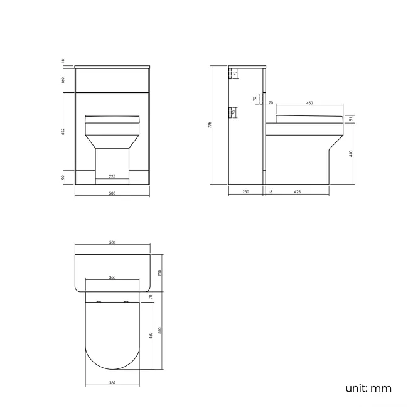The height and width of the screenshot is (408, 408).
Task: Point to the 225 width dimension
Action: pos(112,176)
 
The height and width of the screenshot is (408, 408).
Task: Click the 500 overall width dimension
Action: pos(112,193)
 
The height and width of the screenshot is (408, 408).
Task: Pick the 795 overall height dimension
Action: pos(210,125)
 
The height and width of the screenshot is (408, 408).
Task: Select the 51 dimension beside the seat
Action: pos(351,121)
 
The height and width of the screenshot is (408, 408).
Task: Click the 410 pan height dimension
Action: pos(351,152)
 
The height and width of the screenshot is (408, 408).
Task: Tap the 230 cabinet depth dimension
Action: pos(246,193)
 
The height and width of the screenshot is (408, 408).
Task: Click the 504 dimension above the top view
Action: pos(112,242)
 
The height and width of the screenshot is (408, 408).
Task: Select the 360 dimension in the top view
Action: pos(112,277)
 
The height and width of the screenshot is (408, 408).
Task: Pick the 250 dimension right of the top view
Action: pos(160,273)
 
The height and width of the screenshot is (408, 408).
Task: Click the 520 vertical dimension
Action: pos(160,331)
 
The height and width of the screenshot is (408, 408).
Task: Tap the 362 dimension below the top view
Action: pos(112,382)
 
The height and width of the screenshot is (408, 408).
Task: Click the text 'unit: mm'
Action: pos(368,388)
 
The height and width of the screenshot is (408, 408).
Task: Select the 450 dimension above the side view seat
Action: pos(309,102)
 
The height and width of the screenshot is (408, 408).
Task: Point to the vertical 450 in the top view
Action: pos(150,336)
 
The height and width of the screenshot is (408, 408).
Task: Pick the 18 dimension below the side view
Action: pos(270,193)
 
